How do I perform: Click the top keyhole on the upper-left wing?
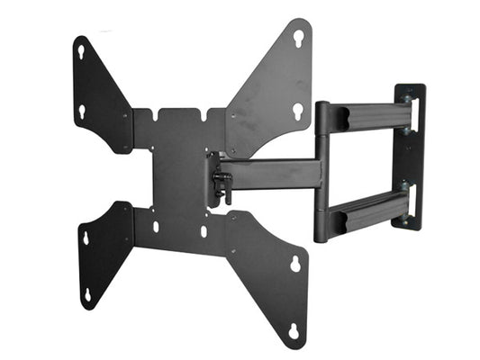pos(82,52)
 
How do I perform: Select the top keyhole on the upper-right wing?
pos(298,37)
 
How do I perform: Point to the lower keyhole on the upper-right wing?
pos(297,111)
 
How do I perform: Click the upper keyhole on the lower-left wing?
pos(86,238)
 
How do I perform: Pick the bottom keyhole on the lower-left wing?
pos(87,294)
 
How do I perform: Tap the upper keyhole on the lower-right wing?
pos(294,265)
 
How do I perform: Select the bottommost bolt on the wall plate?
pos(407,218)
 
